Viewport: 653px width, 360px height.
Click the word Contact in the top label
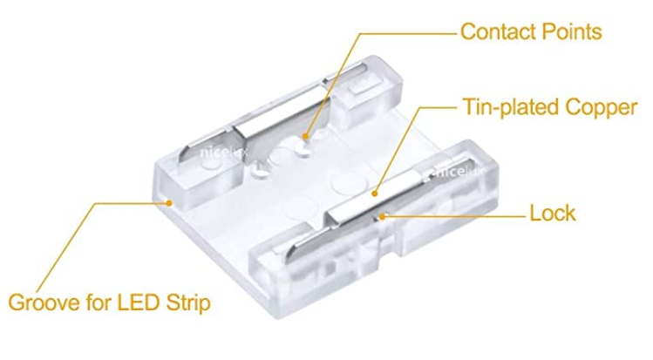coord(495,32)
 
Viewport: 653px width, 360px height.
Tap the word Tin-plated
coord(504,108)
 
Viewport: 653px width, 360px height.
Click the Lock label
coord(553,213)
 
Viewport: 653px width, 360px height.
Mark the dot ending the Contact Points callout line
coord(307,137)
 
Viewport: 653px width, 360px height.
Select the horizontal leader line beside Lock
coord(453,212)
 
